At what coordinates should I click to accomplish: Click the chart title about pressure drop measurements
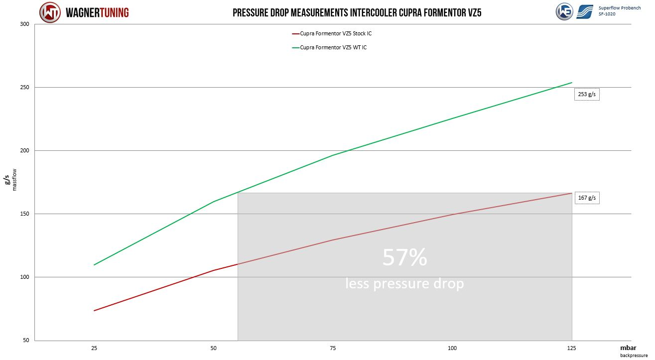pyautogui.click(x=357, y=12)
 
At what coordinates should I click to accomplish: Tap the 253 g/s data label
pyautogui.click(x=587, y=94)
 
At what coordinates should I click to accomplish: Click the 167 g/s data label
pyautogui.click(x=586, y=198)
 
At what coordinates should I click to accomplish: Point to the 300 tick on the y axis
pyautogui.click(x=25, y=24)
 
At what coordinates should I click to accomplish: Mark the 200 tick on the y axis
pyautogui.click(x=25, y=151)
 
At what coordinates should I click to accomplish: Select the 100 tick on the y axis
pyautogui.click(x=25, y=277)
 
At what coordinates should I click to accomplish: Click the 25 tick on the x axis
pyautogui.click(x=94, y=348)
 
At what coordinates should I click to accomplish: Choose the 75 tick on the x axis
pyautogui.click(x=333, y=348)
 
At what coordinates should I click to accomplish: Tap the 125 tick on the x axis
pyautogui.click(x=571, y=348)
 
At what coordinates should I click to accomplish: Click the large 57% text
pyautogui.click(x=404, y=258)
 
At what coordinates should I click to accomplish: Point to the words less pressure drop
pyautogui.click(x=404, y=283)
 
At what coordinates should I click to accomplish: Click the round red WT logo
pyautogui.click(x=50, y=12)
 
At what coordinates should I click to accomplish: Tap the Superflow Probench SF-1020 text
pyautogui.click(x=620, y=11)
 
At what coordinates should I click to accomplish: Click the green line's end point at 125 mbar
pyautogui.click(x=572, y=83)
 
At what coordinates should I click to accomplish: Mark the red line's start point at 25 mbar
pyautogui.click(x=94, y=311)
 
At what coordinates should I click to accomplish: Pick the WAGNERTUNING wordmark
pyautogui.click(x=97, y=12)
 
